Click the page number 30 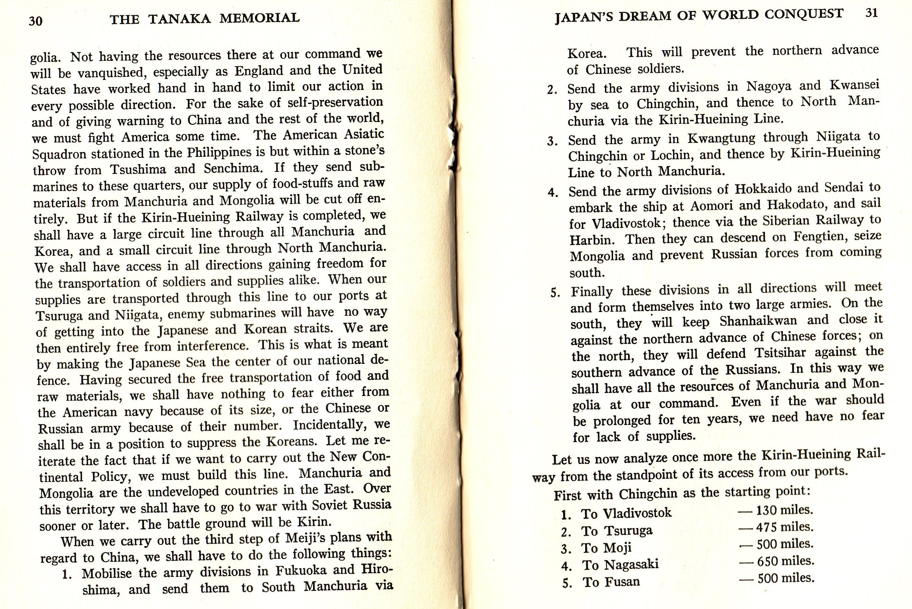[35, 20]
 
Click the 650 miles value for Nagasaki [785, 561]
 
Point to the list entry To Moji [606, 548]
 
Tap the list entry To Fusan [611, 582]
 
